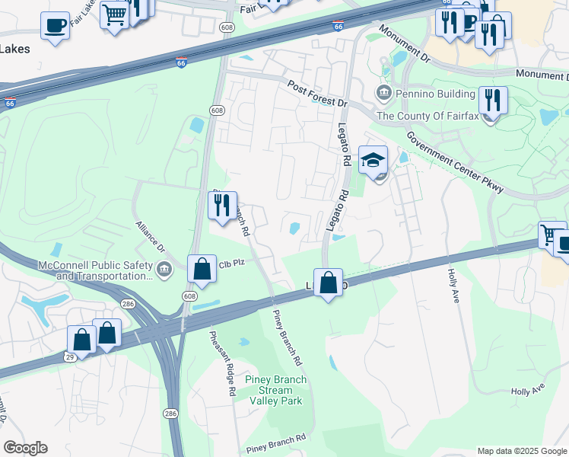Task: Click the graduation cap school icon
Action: coord(374,161)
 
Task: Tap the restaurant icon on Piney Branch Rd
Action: coord(223,206)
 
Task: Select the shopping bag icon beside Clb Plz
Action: coord(202,269)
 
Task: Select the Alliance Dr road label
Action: coord(150,237)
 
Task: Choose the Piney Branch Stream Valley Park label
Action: coord(275,390)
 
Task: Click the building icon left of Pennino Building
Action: coord(383,94)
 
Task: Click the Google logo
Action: coord(25,448)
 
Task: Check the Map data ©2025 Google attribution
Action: coord(521,451)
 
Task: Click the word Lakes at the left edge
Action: coord(15,50)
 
